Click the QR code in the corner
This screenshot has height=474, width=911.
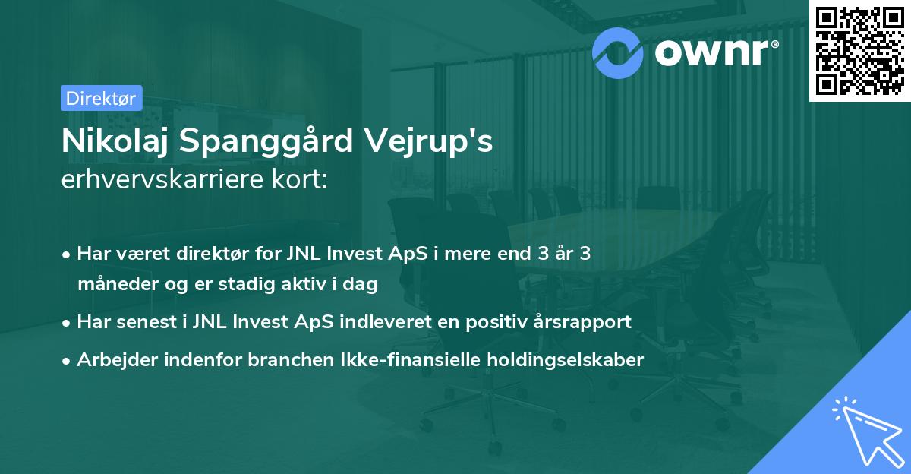tap(859, 51)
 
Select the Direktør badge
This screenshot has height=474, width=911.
tap(100, 97)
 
